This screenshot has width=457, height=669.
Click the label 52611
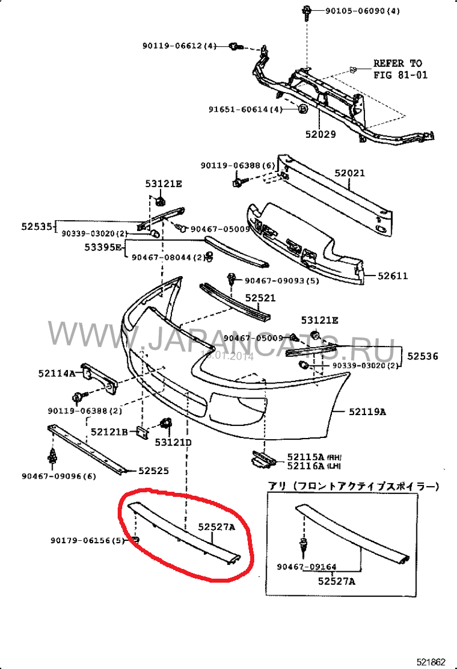click(393, 276)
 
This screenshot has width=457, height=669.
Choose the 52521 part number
click(261, 298)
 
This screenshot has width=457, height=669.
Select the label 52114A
click(57, 373)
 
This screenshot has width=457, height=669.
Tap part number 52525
click(154, 471)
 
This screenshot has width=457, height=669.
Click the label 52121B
click(109, 432)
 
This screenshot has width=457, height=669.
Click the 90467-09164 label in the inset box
click(306, 567)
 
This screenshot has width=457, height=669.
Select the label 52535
click(37, 226)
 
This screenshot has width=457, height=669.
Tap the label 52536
click(423, 356)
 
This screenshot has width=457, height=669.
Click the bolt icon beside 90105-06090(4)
click(307, 10)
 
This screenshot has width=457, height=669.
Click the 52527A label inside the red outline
click(217, 527)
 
